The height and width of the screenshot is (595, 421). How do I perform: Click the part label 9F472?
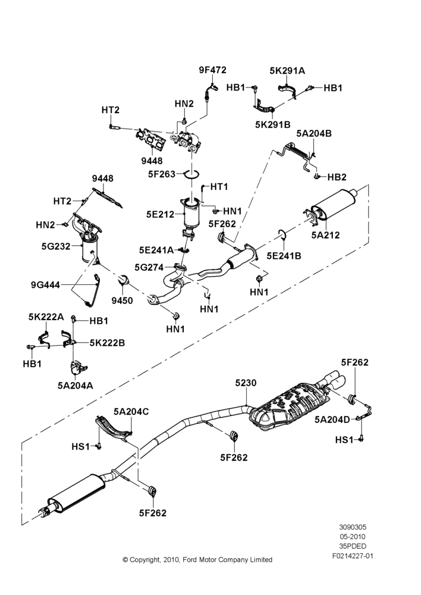coord(212,70)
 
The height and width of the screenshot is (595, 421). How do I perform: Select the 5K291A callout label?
coord(287,71)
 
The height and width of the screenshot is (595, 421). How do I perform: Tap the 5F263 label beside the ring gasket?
coord(162,174)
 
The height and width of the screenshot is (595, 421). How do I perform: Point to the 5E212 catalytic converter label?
coord(160,214)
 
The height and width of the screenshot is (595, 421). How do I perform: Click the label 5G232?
coord(56,247)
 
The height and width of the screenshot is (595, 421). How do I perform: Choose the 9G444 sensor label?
coord(46,284)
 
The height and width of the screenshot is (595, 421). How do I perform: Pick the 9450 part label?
coord(122,301)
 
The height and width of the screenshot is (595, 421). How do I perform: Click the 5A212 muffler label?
coord(325,235)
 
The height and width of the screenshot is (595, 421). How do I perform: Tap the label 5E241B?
coord(284,256)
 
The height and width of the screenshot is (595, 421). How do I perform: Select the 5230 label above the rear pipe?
coord(246,383)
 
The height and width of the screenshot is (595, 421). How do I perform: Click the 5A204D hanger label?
coord(332,419)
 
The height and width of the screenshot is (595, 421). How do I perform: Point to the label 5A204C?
coord(131,411)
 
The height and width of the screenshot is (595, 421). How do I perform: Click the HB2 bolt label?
coord(337,177)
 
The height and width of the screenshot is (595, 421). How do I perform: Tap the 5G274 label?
coord(149,268)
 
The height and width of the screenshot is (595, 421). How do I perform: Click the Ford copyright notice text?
coord(197,560)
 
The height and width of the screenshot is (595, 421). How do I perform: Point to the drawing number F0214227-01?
coord(353,556)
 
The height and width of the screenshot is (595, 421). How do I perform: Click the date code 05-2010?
coord(353,537)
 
